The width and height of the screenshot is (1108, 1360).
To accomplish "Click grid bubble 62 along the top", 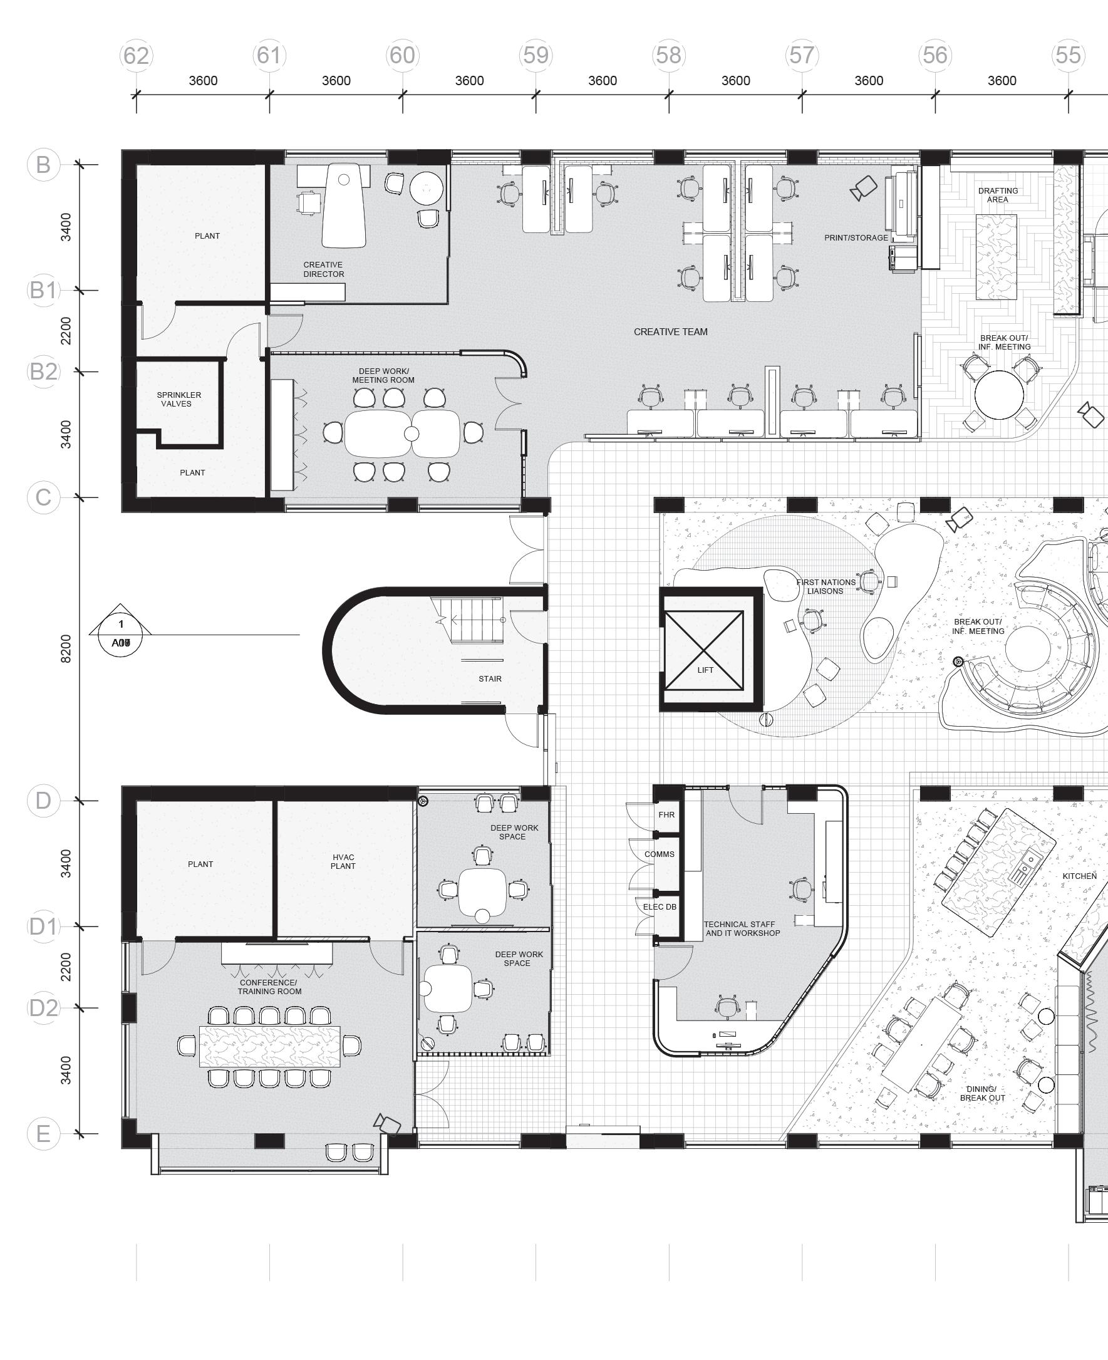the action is click(x=136, y=56).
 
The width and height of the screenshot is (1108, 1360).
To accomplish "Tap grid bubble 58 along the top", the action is click(x=669, y=56).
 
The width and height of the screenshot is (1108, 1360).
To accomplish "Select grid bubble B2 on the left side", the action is click(x=43, y=371).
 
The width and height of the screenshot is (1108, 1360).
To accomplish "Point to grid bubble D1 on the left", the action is click(x=43, y=926).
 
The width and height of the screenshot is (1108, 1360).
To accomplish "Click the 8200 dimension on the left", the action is click(x=66, y=648).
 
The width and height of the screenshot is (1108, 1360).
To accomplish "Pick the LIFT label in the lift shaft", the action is click(x=705, y=670).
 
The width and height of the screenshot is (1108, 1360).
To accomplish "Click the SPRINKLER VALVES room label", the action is click(x=179, y=400).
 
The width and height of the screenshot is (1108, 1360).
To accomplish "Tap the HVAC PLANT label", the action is click(x=343, y=861).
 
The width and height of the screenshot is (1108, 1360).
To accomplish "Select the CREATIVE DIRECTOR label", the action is click(x=323, y=269).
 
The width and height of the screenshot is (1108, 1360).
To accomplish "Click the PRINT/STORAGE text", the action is click(x=856, y=238).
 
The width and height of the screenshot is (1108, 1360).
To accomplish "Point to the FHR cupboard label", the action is click(x=666, y=815).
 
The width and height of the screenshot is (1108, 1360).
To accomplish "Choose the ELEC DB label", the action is click(x=660, y=907).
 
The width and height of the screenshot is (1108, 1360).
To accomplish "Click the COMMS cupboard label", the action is click(x=660, y=854).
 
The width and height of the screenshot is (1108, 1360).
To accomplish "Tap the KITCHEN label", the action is click(x=1079, y=876).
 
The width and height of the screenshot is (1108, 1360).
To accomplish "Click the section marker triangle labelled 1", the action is click(x=121, y=620).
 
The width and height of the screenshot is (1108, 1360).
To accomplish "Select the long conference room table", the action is click(x=270, y=1046).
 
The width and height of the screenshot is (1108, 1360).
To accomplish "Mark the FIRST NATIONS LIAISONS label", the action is click(x=826, y=586).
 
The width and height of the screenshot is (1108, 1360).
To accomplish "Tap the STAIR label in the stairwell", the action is click(x=490, y=679).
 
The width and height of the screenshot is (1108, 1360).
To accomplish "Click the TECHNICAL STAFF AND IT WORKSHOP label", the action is click(x=742, y=928).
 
